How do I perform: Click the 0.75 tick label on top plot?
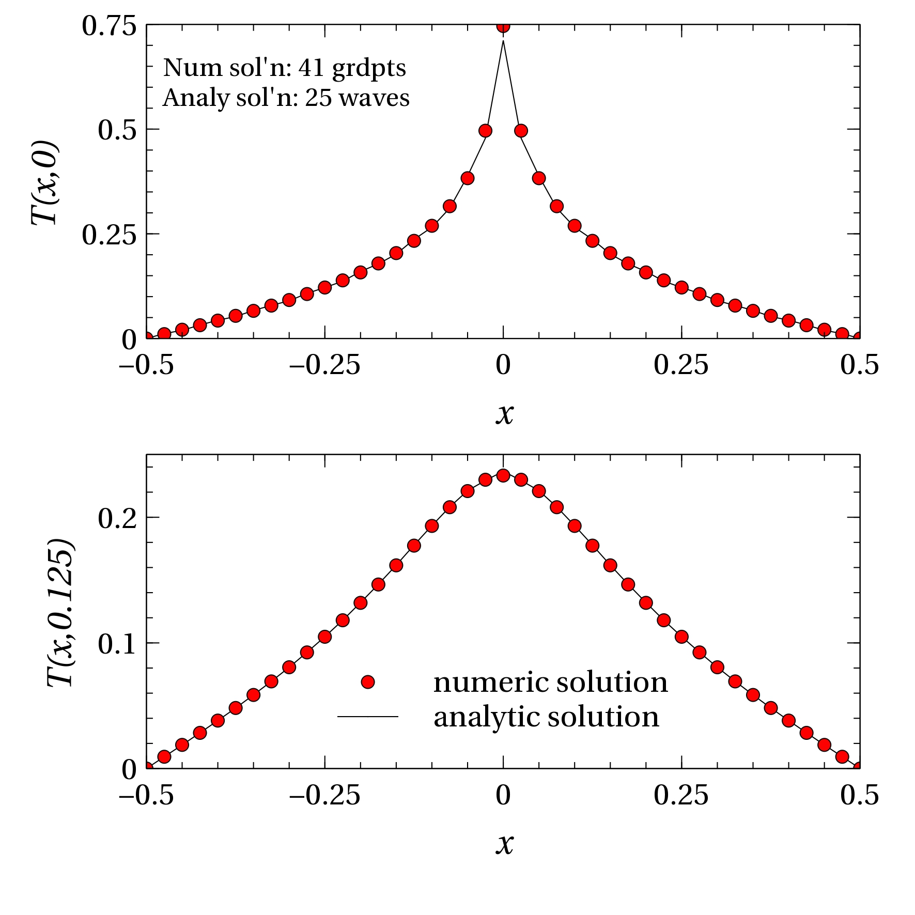(x=109, y=26)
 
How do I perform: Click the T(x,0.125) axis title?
(x=61, y=613)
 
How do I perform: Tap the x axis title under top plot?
(x=504, y=413)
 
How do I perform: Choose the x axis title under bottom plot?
(x=504, y=844)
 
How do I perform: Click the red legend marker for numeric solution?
(x=368, y=682)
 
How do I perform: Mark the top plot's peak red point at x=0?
(x=503, y=27)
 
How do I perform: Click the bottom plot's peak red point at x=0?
(x=503, y=475)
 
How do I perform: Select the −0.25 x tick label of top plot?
(x=324, y=366)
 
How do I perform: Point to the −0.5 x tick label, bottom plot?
(x=146, y=796)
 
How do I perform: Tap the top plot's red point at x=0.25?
(x=681, y=288)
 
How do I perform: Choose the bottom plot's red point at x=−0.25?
(x=325, y=637)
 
